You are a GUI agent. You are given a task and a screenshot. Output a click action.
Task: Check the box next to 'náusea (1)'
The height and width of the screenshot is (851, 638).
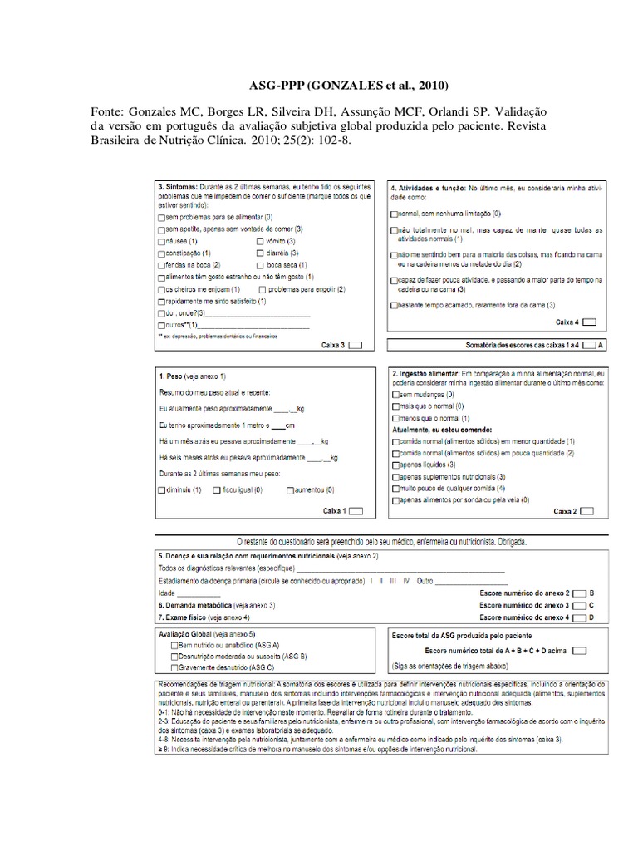coord(161,240)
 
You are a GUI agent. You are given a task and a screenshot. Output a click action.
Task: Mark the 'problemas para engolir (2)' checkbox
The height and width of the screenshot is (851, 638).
coord(263,288)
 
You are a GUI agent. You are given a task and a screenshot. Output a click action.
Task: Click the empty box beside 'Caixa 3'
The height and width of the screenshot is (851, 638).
coord(355,344)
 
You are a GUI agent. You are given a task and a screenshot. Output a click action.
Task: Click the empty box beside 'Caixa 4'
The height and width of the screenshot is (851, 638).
coord(589,322)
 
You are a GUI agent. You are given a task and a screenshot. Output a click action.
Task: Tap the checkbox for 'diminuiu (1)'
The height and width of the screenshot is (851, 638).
coord(161,490)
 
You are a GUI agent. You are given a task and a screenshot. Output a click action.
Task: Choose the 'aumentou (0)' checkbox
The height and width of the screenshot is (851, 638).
coord(289,490)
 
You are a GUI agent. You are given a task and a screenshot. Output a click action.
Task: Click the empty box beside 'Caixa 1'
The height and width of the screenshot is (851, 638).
coord(355,511)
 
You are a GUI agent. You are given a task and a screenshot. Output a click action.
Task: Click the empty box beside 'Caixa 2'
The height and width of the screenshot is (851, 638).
coord(588,511)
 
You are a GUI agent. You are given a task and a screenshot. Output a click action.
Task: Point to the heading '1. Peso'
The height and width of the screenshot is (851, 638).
coord(170,376)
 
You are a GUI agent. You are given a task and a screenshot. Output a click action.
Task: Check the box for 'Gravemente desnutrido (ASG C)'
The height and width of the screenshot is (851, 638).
coord(174,667)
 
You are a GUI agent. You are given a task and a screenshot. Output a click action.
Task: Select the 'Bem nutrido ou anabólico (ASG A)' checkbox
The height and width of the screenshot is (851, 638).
coord(174,645)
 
